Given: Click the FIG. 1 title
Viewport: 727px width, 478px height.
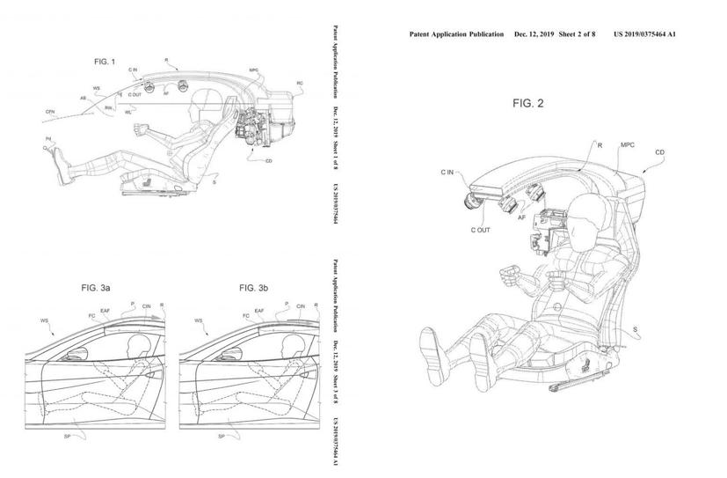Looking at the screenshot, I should (105, 63).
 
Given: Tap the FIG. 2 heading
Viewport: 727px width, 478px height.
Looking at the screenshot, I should (529, 103).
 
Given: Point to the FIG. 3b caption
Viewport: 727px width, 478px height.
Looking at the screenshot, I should (258, 288).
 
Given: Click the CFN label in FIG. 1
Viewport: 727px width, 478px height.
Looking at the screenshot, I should (53, 112).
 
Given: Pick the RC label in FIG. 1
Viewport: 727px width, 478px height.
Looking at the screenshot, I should (301, 85).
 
